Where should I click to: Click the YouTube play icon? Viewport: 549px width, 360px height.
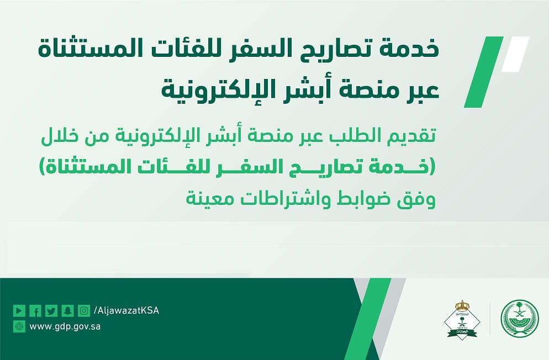(x=19, y=310)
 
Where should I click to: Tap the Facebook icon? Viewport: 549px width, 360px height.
(x=35, y=310)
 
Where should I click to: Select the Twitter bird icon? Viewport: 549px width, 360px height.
(x=51, y=310)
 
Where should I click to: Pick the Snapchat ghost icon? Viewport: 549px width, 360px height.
(x=67, y=310)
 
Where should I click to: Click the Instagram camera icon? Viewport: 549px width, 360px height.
(x=84, y=310)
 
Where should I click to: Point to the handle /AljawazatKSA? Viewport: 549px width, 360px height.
(x=126, y=310)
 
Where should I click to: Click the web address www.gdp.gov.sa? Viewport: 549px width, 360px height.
(x=65, y=327)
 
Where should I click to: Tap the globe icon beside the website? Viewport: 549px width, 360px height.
(x=19, y=326)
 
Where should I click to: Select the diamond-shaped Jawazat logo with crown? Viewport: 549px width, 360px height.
(x=462, y=319)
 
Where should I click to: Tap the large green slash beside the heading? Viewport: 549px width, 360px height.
(x=483, y=72)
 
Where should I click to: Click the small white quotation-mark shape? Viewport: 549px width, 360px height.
(x=515, y=54)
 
